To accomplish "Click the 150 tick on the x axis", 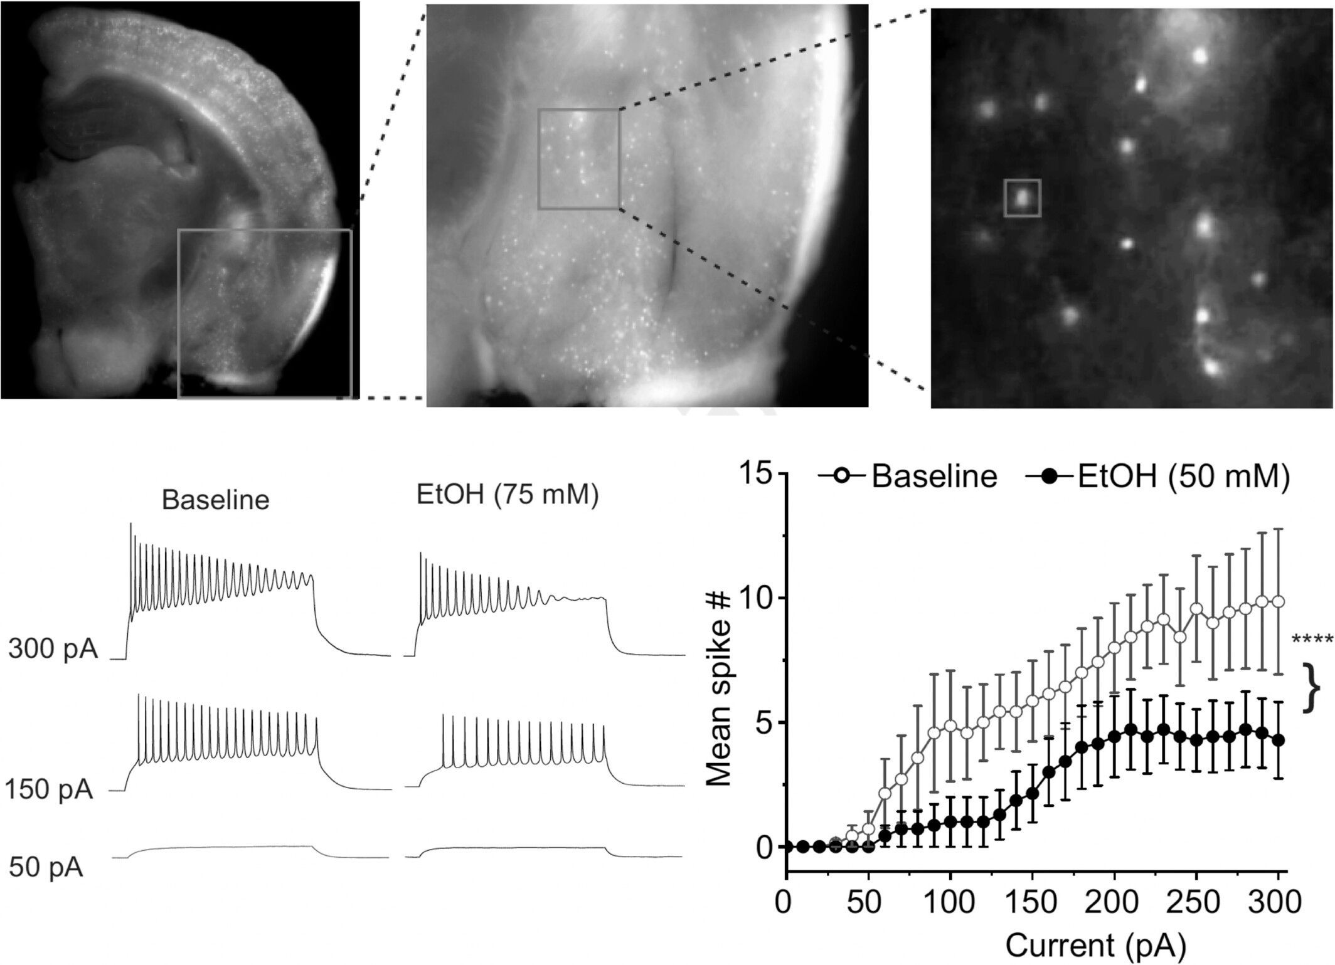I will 1033,905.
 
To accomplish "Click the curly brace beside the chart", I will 1311,688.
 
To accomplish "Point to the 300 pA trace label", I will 53,650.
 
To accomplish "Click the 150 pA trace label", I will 49,790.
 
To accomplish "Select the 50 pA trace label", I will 46,868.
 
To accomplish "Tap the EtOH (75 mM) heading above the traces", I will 508,495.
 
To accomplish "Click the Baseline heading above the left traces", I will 215,500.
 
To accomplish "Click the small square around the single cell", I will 1022,198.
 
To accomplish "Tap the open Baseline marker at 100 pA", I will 950,726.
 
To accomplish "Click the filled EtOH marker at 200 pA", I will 1114,737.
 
